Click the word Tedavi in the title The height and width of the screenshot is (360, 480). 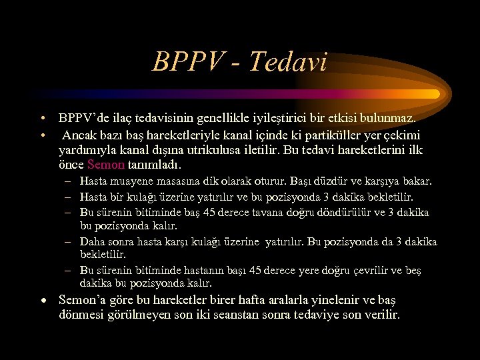(x=288, y=63)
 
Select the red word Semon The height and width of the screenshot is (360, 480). (x=106, y=164)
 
